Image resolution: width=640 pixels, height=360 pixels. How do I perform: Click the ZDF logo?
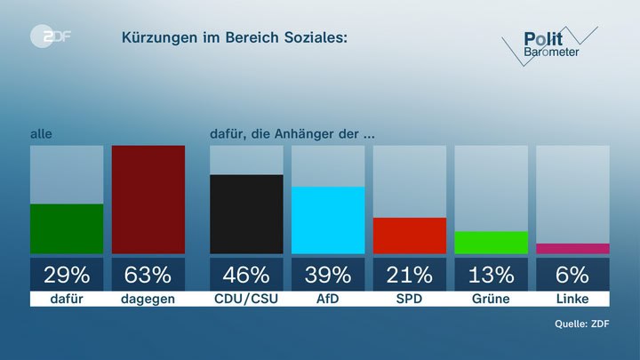point(51,38)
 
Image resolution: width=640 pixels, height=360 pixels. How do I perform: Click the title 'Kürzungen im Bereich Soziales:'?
point(235,38)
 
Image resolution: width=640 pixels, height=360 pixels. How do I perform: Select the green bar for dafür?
point(67,228)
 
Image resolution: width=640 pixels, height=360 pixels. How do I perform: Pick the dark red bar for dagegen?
point(148,199)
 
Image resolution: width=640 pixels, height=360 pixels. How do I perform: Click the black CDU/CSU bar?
point(246,214)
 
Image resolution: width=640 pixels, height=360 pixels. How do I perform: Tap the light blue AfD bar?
point(328,220)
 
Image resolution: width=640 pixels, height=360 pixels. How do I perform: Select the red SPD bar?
point(409,236)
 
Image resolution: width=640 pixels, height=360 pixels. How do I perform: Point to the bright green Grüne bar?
point(491,243)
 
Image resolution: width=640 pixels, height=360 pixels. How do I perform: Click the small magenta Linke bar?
point(572,249)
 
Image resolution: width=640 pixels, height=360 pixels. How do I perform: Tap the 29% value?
point(67,274)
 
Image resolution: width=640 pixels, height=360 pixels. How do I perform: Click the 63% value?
point(148,274)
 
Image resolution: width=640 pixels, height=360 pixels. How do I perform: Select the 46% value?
point(246,274)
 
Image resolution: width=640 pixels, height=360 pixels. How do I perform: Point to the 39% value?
point(328,274)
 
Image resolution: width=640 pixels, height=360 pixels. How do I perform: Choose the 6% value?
point(572,274)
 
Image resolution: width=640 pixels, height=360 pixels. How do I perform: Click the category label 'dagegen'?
point(148,299)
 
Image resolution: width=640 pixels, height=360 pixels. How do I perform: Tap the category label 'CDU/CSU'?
point(246,299)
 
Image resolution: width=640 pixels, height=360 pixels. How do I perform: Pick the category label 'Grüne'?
point(491,299)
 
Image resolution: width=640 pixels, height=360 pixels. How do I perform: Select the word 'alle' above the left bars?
point(41,134)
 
